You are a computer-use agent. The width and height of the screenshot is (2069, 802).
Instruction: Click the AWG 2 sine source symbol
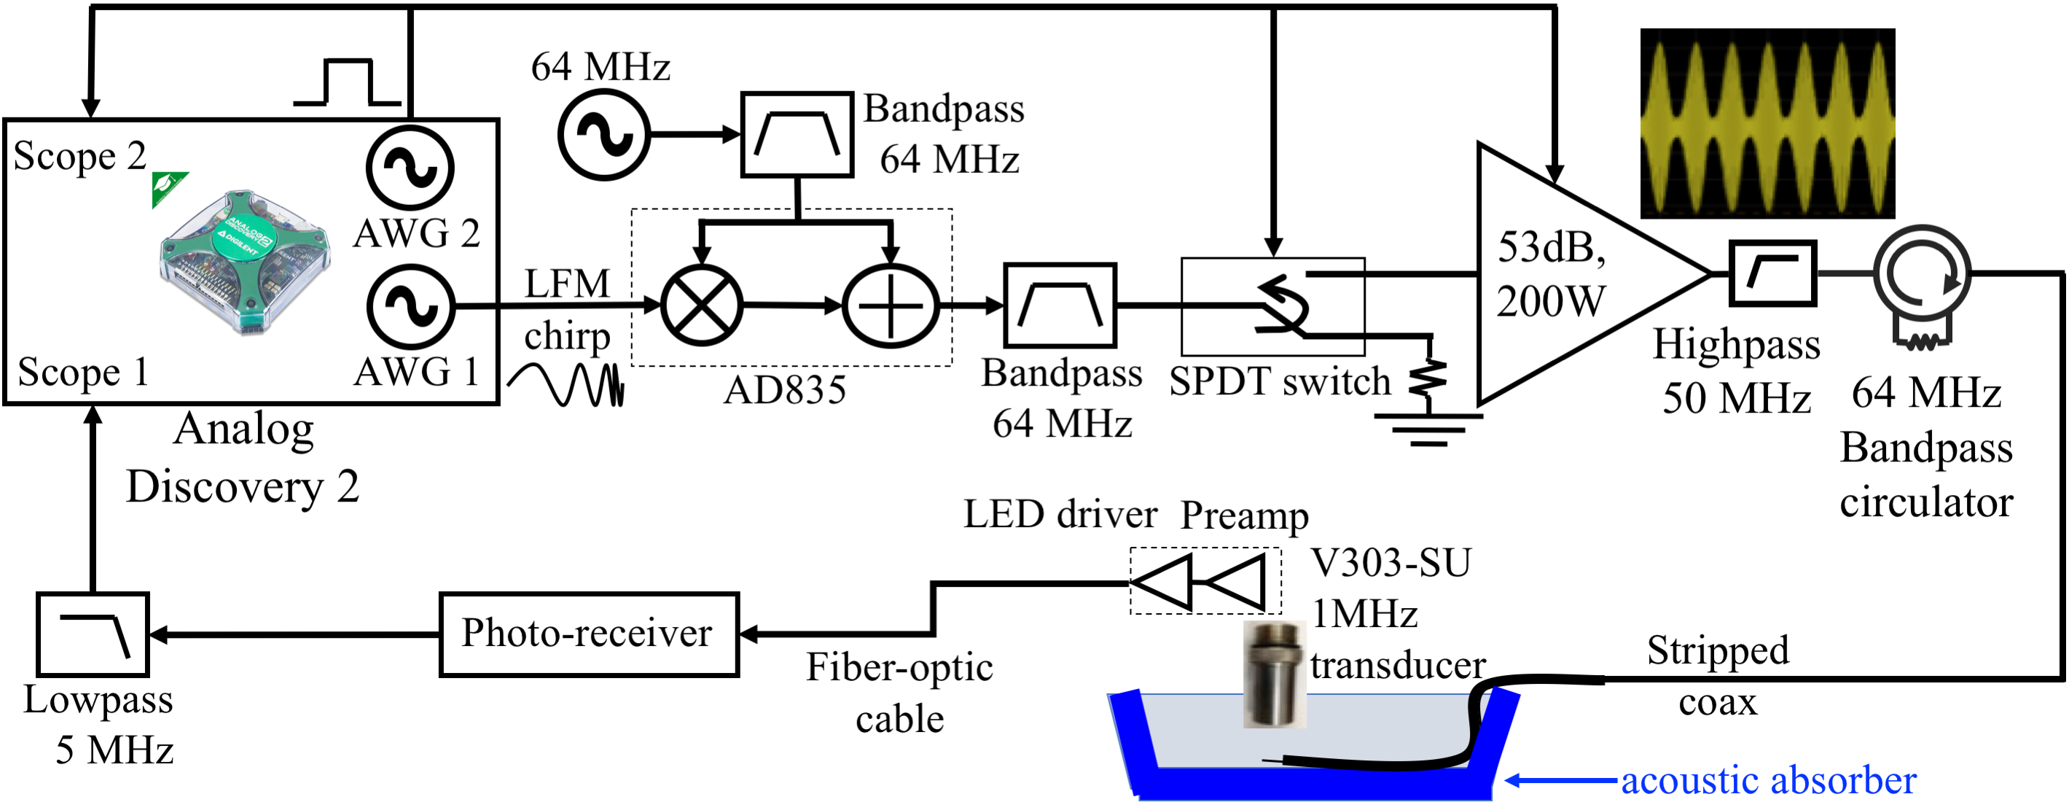pyautogui.click(x=410, y=168)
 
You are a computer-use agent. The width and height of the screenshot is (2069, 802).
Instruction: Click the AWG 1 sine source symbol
pyautogui.click(x=410, y=307)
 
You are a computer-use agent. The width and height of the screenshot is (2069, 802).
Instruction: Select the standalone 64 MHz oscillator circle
pyautogui.click(x=603, y=135)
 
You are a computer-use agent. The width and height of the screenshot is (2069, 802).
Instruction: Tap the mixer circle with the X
pyautogui.click(x=701, y=306)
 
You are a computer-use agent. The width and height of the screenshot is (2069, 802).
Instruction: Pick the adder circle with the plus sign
pyautogui.click(x=891, y=306)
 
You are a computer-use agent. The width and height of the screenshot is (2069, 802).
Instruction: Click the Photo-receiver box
pyautogui.click(x=588, y=634)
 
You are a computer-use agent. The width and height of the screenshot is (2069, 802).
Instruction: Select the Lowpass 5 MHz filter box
pyautogui.click(x=93, y=634)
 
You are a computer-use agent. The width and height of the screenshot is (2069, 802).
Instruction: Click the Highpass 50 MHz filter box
pyautogui.click(x=1772, y=273)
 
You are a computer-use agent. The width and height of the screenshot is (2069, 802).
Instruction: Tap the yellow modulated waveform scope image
pyautogui.click(x=1767, y=124)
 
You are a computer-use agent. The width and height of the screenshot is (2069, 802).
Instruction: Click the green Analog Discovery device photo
pyautogui.click(x=243, y=261)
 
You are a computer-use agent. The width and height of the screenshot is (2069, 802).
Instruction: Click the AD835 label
pyautogui.click(x=785, y=391)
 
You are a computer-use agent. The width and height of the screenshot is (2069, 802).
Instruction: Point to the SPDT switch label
pyautogui.click(x=1279, y=381)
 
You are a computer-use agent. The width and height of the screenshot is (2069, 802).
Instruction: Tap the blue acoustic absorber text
pyautogui.click(x=1768, y=780)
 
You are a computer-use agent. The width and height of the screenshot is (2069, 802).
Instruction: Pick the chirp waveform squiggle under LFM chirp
pyautogui.click(x=566, y=384)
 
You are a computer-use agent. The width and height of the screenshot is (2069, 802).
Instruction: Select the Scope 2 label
pyautogui.click(x=79, y=156)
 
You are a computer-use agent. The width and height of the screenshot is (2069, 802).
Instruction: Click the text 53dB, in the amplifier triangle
pyautogui.click(x=1551, y=246)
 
